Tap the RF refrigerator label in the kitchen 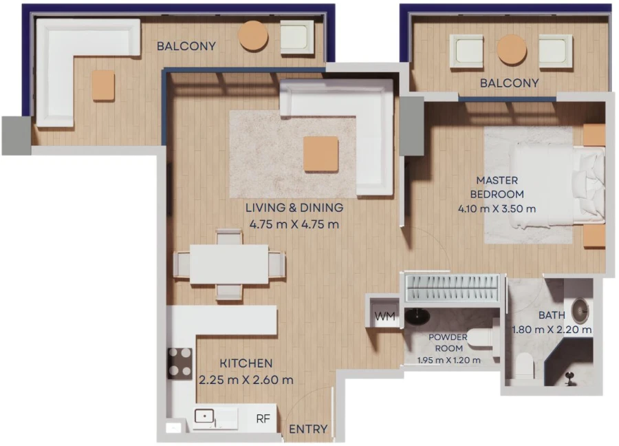click(263, 418)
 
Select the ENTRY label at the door click(308, 429)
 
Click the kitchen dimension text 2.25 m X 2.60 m click(246, 379)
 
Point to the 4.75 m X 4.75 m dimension click(294, 224)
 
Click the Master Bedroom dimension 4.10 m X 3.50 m click(497, 209)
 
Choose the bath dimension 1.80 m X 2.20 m click(552, 330)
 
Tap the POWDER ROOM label click(448, 343)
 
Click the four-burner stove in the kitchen click(181, 362)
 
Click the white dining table click(229, 264)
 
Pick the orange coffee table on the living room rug click(321, 153)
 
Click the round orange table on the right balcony click(512, 50)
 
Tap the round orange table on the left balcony click(253, 36)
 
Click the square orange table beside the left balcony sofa click(103, 85)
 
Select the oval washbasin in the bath click(580, 311)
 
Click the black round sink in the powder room click(417, 317)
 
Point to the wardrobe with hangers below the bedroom click(451, 286)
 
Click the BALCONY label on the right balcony click(509, 83)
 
